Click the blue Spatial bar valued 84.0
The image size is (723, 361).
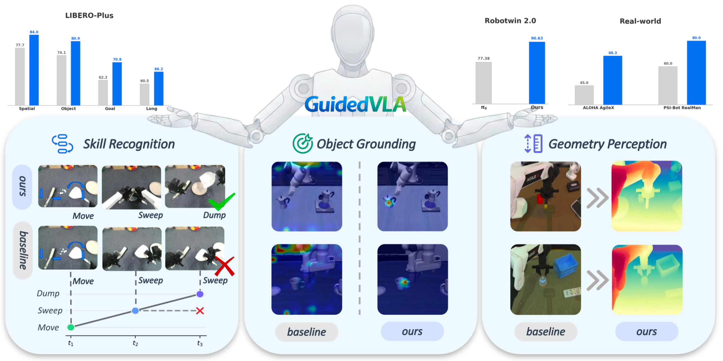click(x=34, y=70)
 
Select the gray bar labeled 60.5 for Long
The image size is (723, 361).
click(x=144, y=94)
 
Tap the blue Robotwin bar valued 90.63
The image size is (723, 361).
click(x=537, y=73)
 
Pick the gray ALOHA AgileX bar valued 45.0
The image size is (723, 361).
click(x=584, y=95)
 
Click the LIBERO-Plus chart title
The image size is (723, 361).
click(x=89, y=16)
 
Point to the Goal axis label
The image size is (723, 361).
click(x=110, y=109)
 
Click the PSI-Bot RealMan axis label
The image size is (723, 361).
click(x=682, y=108)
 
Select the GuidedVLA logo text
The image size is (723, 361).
click(x=355, y=105)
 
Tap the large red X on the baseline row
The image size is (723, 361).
click(x=225, y=266)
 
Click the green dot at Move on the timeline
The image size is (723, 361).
click(x=71, y=327)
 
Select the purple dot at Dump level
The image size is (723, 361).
click(x=200, y=294)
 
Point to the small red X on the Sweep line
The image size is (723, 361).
click(x=200, y=311)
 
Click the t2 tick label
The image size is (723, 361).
click(x=135, y=343)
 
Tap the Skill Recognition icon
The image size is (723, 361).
click(x=62, y=144)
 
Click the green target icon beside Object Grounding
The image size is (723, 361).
click(x=303, y=143)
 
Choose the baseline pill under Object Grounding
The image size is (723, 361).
click(x=307, y=332)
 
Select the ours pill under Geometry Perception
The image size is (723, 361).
click(x=646, y=332)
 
